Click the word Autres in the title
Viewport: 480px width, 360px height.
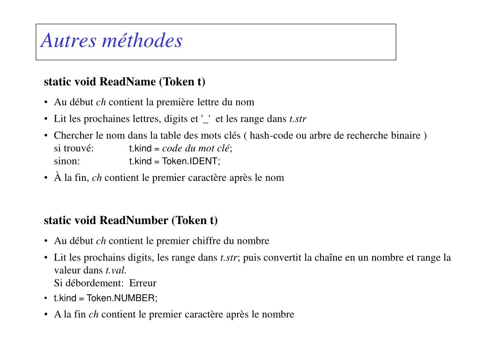67,41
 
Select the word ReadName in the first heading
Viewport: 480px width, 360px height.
127,82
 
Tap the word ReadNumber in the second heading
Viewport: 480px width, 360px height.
134,220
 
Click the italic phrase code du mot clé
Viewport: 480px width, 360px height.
196,149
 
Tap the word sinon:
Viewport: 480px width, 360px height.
67,162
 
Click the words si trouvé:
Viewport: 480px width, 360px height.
74,149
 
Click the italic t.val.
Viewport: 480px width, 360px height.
116,270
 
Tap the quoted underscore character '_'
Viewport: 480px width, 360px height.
205,119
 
